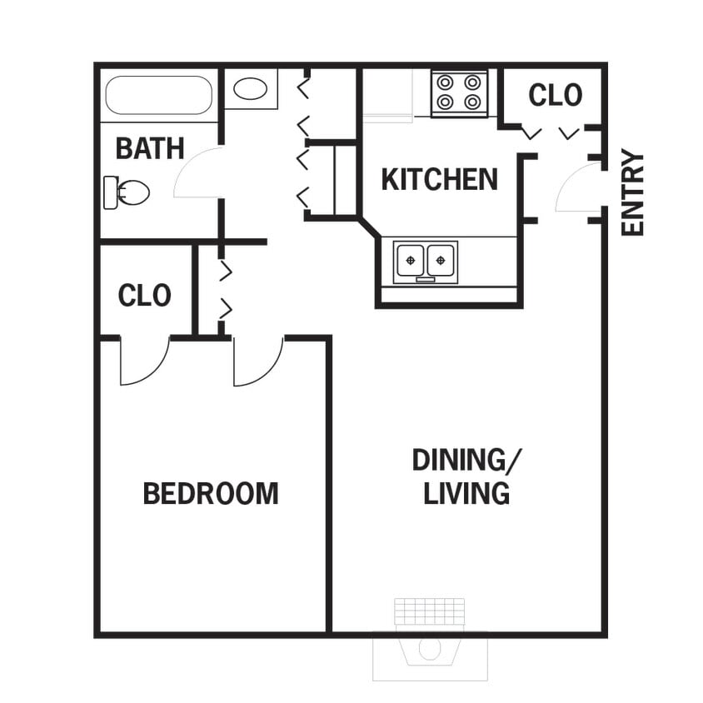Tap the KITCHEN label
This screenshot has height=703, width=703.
coord(439,179)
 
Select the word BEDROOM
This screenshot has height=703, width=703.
coord(211,493)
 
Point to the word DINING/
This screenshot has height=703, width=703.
coord(468,460)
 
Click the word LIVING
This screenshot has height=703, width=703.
coord(466,493)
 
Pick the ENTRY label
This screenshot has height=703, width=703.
coord(633,192)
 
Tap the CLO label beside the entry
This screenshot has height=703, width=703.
coord(556,95)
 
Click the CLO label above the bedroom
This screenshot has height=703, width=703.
coord(145,296)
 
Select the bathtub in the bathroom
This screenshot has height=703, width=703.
coord(158,96)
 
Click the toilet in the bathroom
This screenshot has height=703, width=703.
coord(127,192)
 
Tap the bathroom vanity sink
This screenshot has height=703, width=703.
coord(250,88)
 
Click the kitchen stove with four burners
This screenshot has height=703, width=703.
coord(460,92)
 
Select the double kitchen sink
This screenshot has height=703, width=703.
coord(426,261)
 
